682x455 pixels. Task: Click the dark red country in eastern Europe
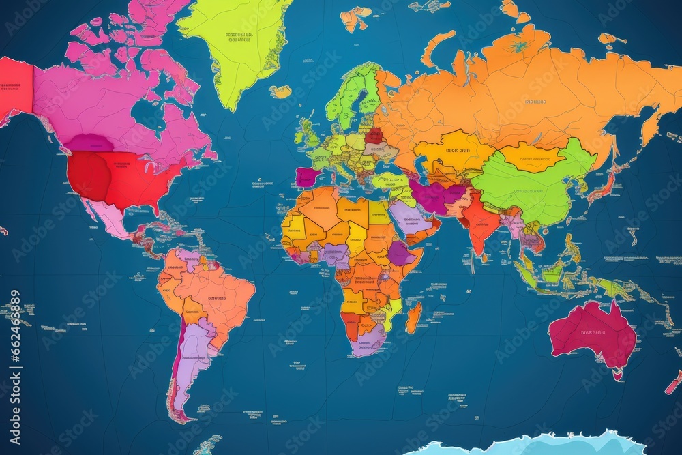click(374, 135)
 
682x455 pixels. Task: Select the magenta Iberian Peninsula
click(306, 177)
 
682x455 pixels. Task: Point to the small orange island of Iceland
click(280, 91)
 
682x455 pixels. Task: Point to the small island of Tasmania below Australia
click(618, 375)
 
